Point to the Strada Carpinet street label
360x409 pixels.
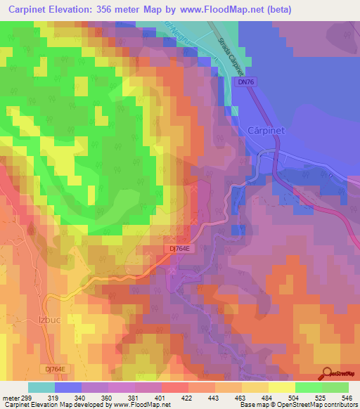[230, 57]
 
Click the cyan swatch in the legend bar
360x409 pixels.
[41, 387]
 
